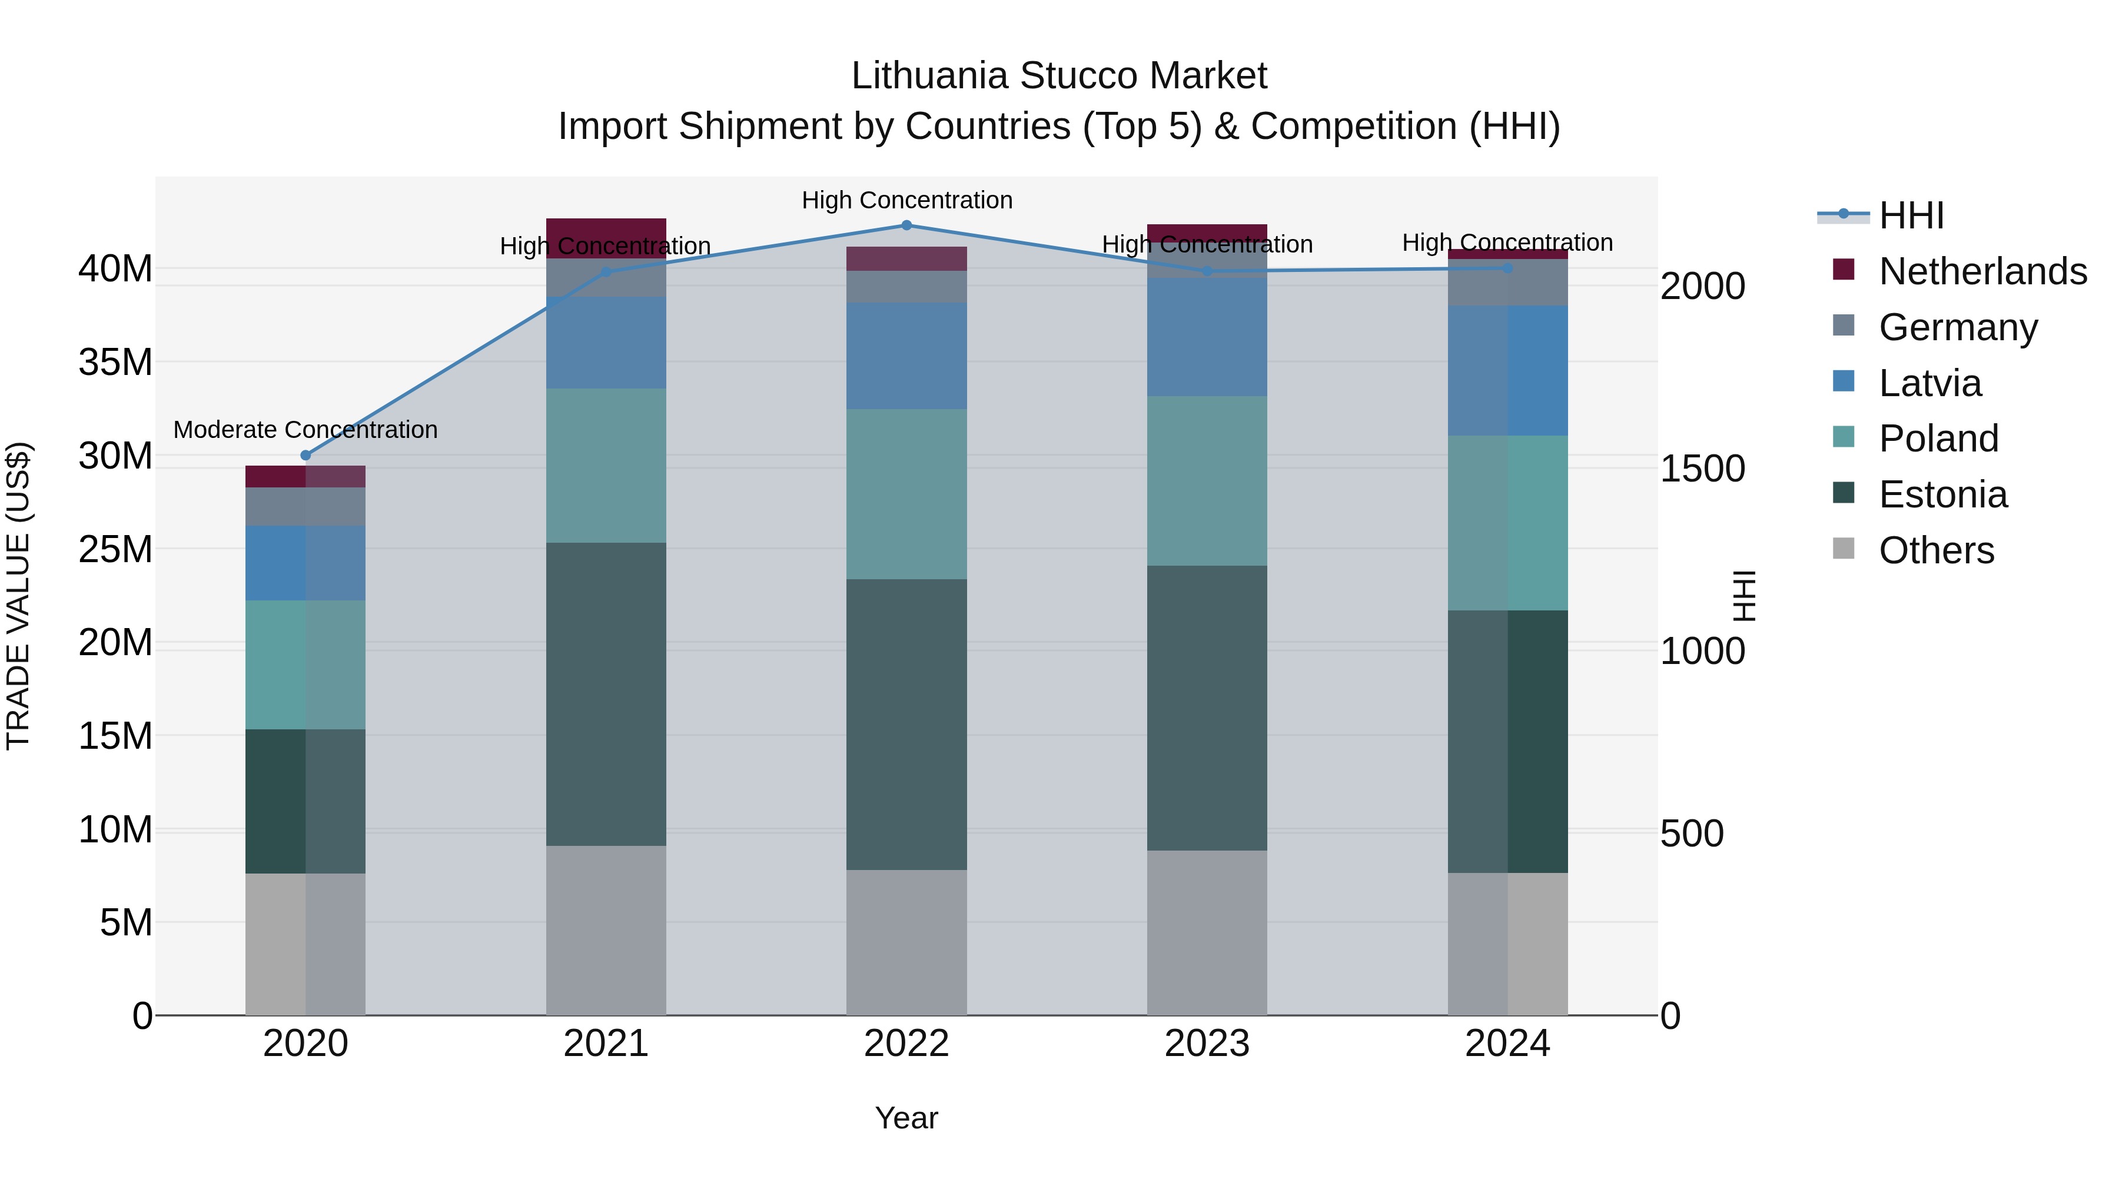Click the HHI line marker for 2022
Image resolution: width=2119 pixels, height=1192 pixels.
[x=906, y=225]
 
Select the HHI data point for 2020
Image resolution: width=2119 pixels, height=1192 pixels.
[x=306, y=455]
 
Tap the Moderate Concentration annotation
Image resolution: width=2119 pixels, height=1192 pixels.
[x=305, y=430]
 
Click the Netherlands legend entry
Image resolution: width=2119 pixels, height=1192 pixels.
[x=1982, y=271]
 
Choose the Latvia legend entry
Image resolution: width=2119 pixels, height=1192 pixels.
[x=1930, y=383]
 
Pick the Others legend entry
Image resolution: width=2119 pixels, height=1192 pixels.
[x=1937, y=550]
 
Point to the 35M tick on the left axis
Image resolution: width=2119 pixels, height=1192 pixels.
[x=115, y=362]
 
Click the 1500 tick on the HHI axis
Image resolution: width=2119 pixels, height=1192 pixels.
[x=1702, y=469]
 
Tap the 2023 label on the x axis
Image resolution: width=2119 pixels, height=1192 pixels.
[x=1207, y=1044]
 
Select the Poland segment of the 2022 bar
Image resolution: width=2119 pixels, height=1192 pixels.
[x=906, y=494]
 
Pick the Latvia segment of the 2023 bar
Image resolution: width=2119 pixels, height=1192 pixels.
[x=1207, y=337]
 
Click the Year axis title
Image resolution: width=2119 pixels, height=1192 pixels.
[x=906, y=1118]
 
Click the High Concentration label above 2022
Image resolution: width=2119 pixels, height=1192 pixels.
[x=906, y=200]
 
